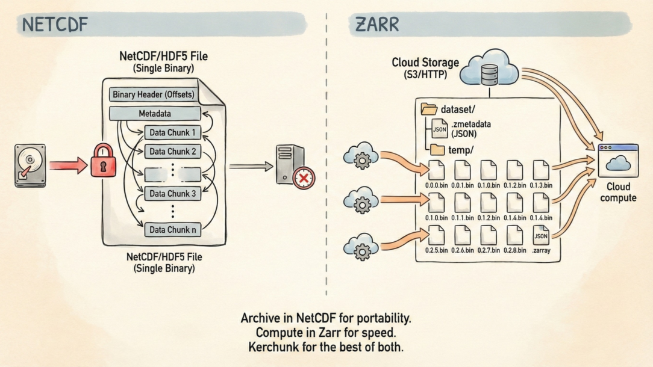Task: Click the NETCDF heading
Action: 55,25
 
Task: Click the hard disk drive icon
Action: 30,165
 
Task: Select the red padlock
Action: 103,161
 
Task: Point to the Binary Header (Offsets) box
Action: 153,95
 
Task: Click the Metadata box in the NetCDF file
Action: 155,113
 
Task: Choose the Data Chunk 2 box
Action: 172,152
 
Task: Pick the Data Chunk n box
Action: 172,229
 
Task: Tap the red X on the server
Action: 304,177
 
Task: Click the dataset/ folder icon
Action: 429,109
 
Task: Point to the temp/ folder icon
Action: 437,150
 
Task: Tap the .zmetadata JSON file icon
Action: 440,128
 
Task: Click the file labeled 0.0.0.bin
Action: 436,170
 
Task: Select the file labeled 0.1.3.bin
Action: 540,170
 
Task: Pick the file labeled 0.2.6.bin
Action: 462,235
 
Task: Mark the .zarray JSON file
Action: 541,235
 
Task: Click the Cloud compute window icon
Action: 618,160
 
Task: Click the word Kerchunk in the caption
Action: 270,347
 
